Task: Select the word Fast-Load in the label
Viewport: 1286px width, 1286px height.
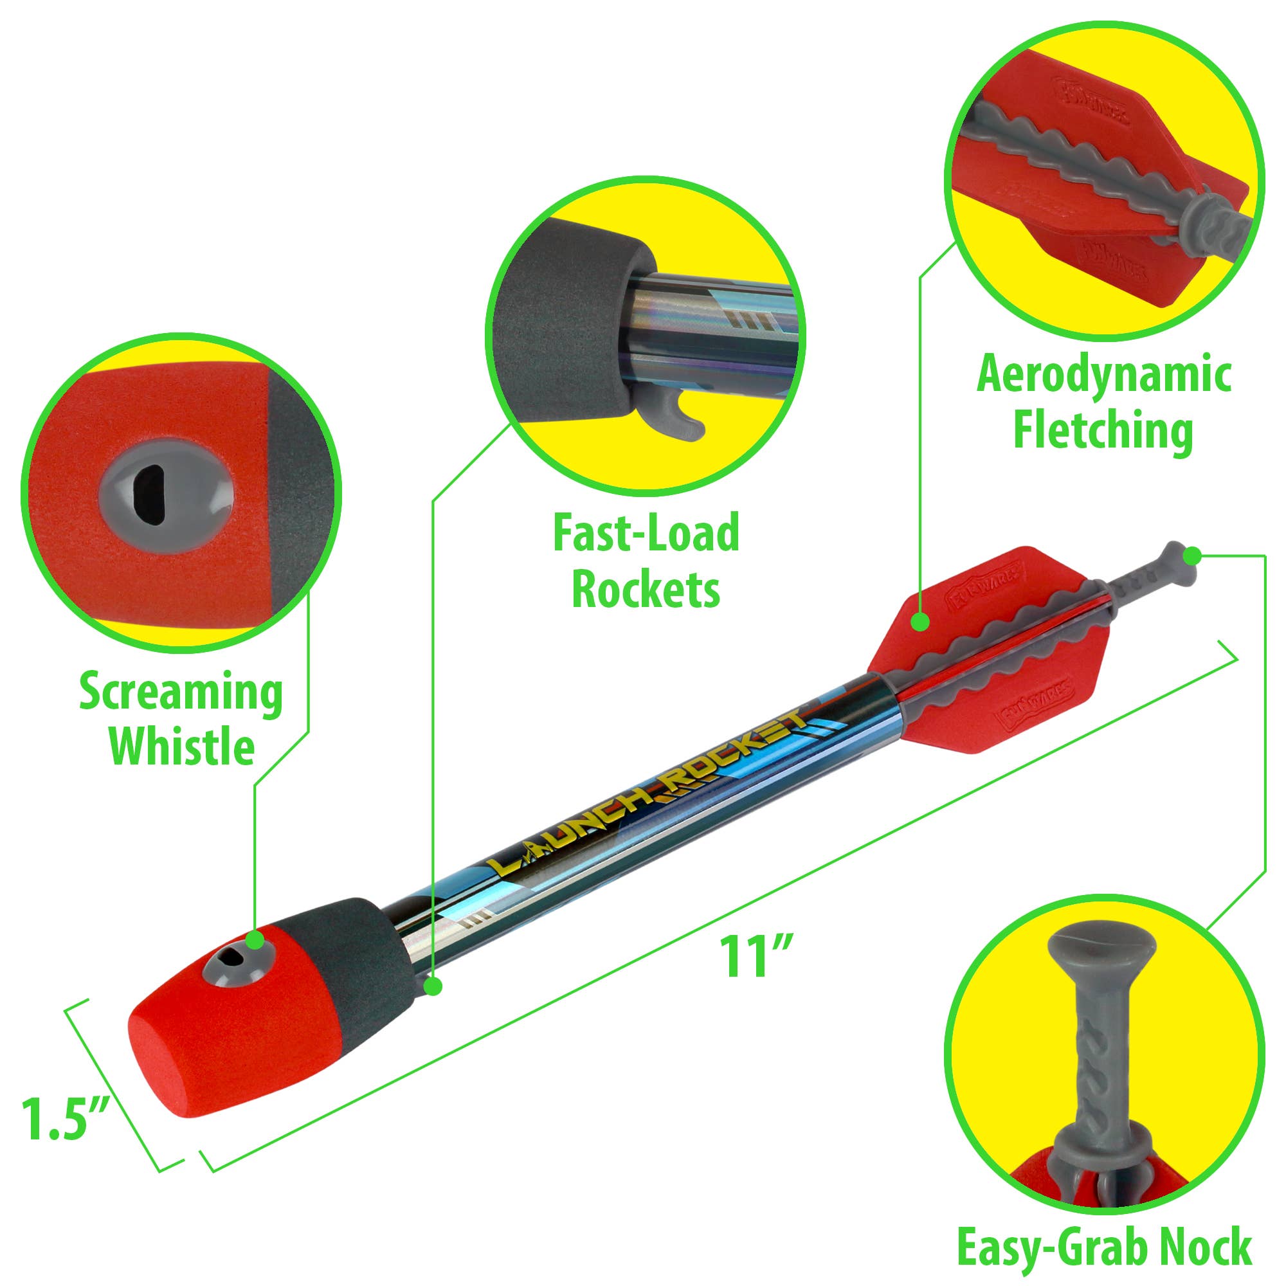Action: (646, 534)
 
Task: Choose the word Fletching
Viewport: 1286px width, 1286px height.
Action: (1103, 431)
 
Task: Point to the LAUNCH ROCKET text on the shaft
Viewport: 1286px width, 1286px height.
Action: (649, 792)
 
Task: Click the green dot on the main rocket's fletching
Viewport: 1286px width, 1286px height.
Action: (921, 622)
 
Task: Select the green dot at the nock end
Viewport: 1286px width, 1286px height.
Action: (1193, 554)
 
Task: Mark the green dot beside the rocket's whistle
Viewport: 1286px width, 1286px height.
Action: (255, 940)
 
